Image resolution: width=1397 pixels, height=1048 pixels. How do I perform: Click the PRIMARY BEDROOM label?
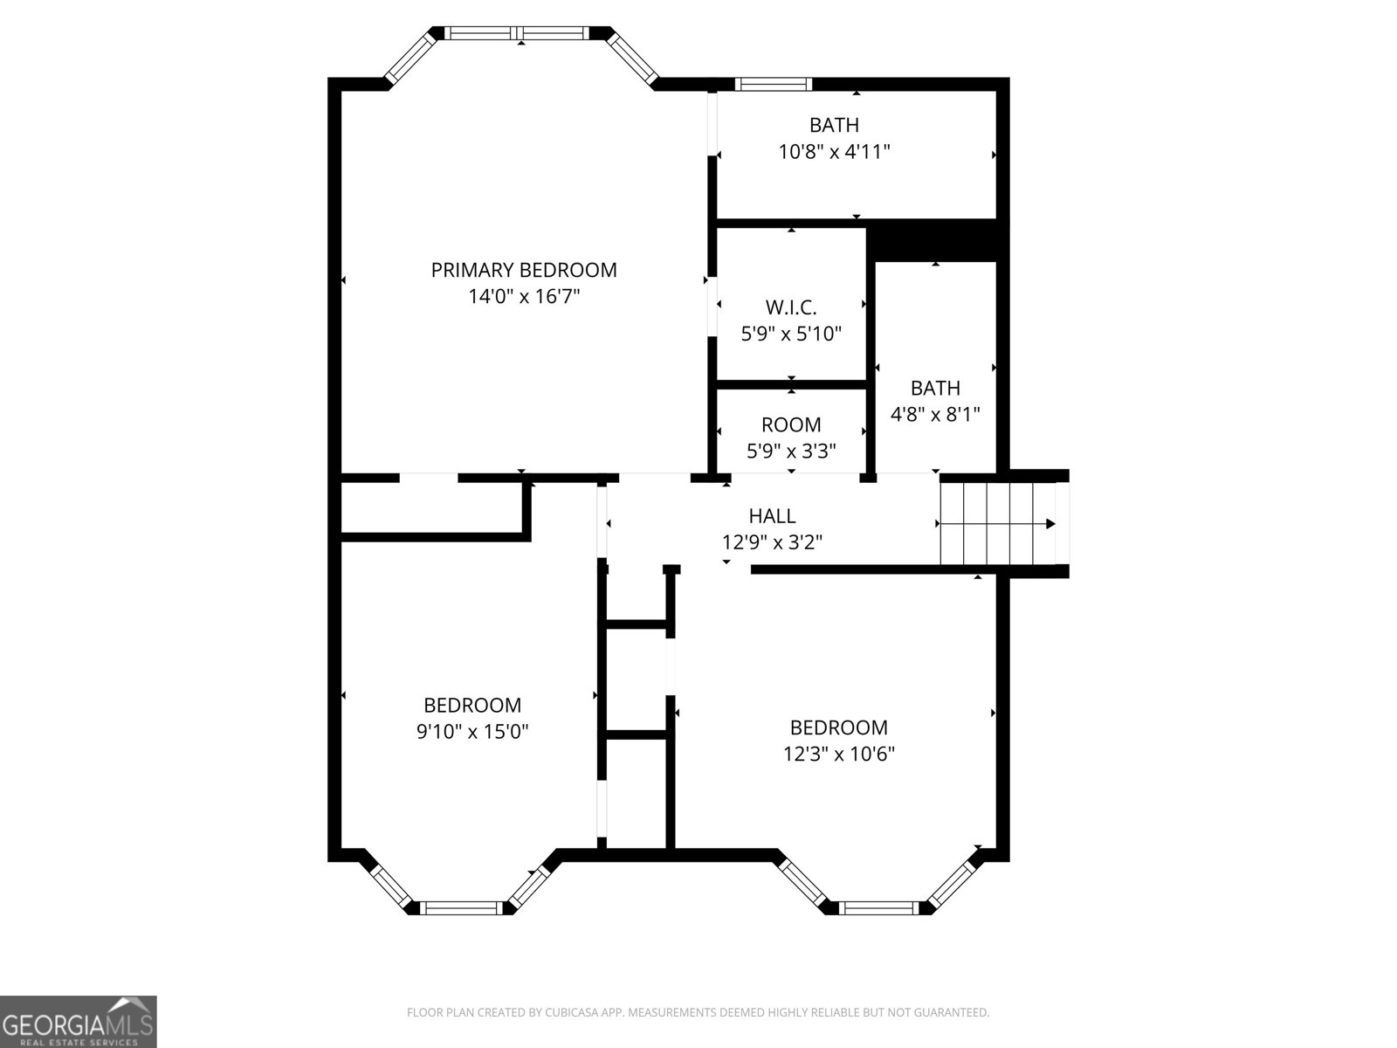tap(524, 270)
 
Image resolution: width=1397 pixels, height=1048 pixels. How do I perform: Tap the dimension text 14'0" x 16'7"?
tap(524, 297)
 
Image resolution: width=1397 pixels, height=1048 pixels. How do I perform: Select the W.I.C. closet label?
tap(791, 307)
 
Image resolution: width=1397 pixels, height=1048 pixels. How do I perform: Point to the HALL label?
tap(772, 516)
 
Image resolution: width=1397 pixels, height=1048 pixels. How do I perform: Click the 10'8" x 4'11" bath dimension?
tap(834, 152)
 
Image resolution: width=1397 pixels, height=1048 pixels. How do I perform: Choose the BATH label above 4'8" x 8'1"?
tap(935, 388)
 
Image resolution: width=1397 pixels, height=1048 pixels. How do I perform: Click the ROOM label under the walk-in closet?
tap(791, 425)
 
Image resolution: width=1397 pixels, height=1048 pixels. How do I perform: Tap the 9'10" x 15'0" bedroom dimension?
tap(472, 732)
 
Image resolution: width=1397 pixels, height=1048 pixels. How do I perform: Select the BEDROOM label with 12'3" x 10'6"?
tap(838, 727)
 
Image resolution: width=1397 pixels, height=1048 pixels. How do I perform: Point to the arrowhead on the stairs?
tap(1050, 524)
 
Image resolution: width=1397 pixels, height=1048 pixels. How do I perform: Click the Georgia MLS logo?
tap(78, 1021)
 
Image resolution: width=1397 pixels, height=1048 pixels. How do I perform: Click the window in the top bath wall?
tap(773, 85)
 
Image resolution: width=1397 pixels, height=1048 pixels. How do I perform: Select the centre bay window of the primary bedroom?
tap(520, 33)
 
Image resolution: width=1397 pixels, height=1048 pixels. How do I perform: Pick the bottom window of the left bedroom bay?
tap(462, 908)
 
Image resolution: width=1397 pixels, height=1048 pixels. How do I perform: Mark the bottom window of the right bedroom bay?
tap(878, 908)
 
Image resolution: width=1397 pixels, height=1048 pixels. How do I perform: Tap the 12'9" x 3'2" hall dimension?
tap(772, 542)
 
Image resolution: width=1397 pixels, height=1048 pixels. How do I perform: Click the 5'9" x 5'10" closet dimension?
tap(791, 334)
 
